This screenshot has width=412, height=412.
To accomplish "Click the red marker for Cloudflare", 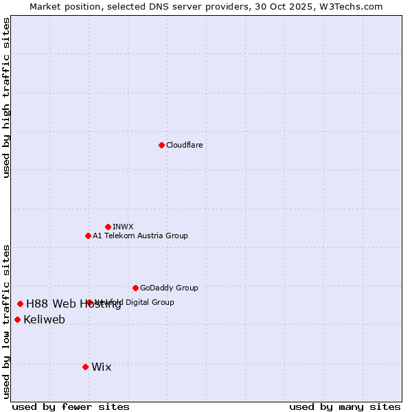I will coord(161,145).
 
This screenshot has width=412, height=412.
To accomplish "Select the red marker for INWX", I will coord(108,227).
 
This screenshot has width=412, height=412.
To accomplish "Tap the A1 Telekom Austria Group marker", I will coord(88,236).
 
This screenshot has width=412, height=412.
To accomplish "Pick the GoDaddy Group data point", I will coord(135,288).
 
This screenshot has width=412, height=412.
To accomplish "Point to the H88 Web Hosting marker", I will coord(20,304).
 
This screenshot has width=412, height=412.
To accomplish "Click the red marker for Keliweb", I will coord(17,319).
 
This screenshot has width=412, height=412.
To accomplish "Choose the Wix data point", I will coord(85,367).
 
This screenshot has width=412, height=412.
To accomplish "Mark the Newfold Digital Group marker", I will coord(90,302).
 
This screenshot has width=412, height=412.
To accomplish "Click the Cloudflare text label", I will coord(184,145).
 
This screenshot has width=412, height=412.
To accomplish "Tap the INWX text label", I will coord(123,227).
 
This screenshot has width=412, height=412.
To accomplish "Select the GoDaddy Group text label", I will coord(169,288).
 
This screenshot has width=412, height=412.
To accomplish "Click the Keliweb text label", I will coord(44,319).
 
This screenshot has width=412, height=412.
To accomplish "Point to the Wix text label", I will coord(101,367).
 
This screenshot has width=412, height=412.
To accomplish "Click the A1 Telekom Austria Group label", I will coord(140,236).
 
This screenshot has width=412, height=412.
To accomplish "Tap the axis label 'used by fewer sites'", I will coord(71,407).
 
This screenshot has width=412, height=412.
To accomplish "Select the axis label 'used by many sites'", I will coord(345,407).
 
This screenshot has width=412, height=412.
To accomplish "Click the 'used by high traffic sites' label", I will coord(6,98).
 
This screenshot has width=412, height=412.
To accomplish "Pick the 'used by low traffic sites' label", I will coord(6,321).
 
